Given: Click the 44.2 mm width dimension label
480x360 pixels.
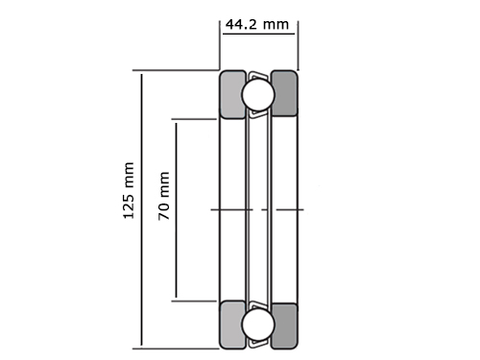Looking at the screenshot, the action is [257, 24].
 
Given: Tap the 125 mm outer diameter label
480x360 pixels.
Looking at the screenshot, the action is [129, 191].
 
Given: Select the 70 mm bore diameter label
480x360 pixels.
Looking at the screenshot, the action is [163, 196].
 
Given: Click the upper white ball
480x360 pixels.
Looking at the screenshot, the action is [258, 94].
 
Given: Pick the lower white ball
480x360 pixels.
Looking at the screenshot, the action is [258, 324].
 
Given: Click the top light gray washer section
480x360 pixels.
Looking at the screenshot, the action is [232, 94].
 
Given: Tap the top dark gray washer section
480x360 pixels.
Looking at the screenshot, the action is [284, 93].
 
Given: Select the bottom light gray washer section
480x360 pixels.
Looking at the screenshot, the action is [232, 324].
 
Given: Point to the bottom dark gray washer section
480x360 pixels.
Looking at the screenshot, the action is [284, 325].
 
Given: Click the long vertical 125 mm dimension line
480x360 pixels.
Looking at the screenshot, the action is [141, 210].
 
